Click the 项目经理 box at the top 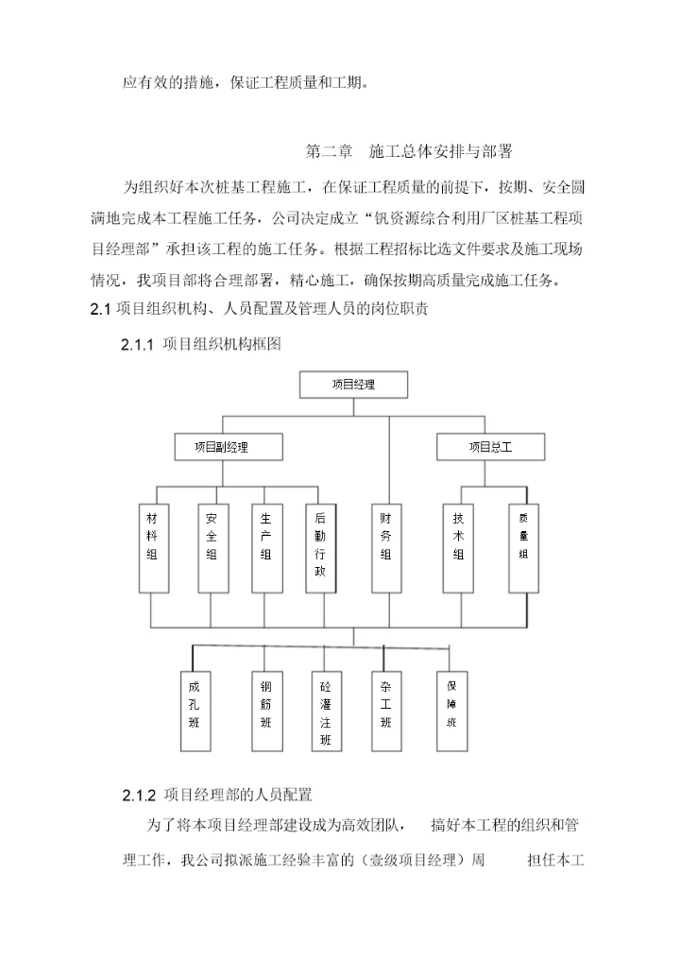(x=353, y=385)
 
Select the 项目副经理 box (x=221, y=447)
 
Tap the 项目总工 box (x=490, y=447)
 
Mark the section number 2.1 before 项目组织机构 (x=101, y=310)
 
